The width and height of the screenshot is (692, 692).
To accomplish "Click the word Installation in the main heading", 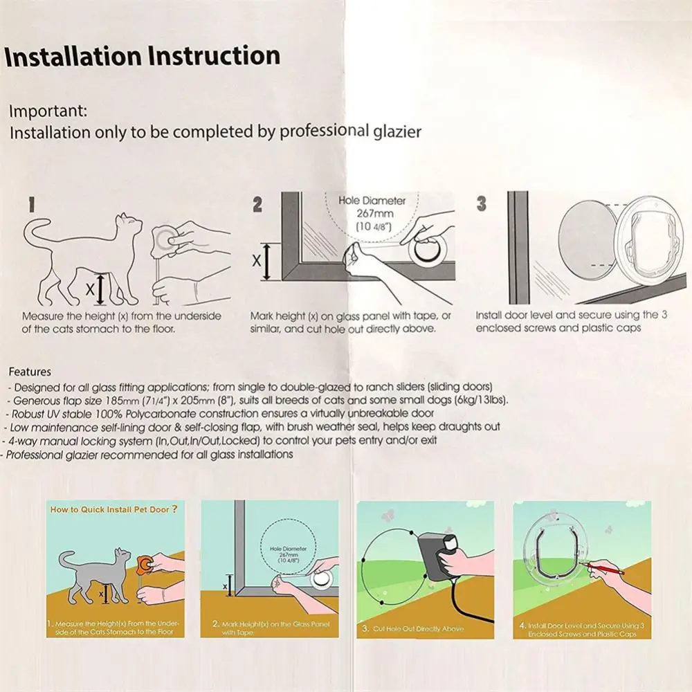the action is [73, 56].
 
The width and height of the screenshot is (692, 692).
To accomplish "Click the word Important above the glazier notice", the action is [48, 111].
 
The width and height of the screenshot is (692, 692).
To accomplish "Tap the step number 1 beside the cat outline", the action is [31, 204].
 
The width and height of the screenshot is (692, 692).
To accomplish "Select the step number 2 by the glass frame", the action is [257, 204].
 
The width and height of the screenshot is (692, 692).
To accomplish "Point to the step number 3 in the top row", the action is [482, 203].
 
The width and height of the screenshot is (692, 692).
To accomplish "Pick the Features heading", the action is [30, 372].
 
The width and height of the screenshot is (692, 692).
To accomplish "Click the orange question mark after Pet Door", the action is [174, 509].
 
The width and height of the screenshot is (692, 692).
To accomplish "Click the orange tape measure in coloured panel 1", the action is [144, 564].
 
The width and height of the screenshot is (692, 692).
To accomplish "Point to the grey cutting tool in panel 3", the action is [437, 557].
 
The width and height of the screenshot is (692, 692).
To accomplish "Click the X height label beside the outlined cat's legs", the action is [89, 289].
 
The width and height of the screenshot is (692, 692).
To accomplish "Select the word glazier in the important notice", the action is [397, 131].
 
